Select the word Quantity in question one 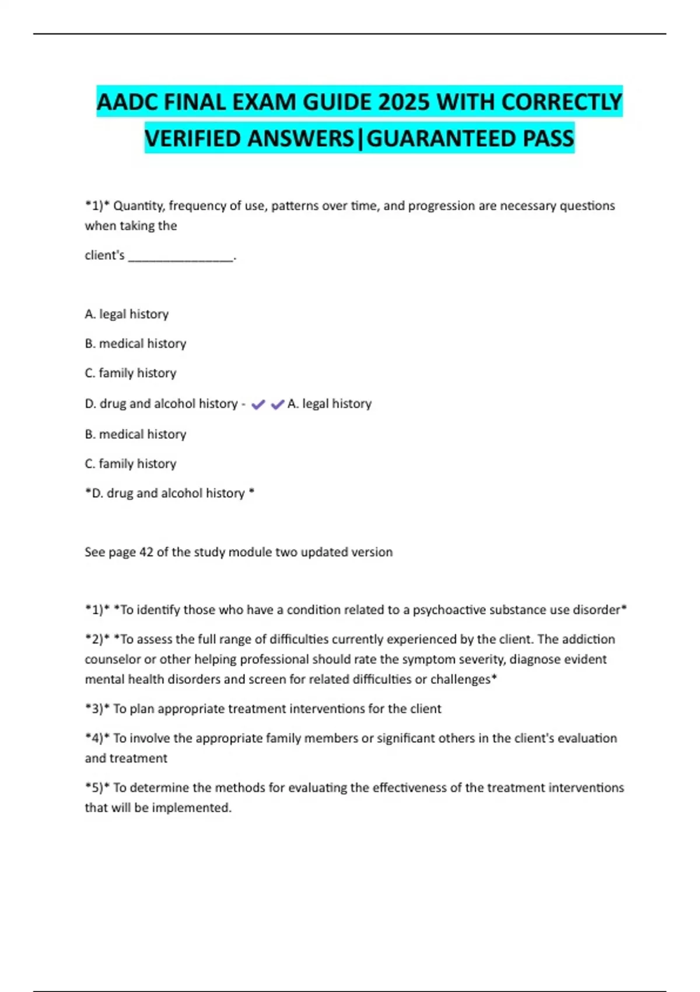pyautogui.click(x=139, y=206)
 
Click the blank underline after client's pyautogui.click(x=180, y=256)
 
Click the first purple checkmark pyautogui.click(x=258, y=404)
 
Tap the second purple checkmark pyautogui.click(x=278, y=404)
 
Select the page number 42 pyautogui.click(x=146, y=552)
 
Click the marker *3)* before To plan pyautogui.click(x=97, y=709)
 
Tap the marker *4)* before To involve pyautogui.click(x=97, y=739)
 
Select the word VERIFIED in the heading pyautogui.click(x=193, y=139)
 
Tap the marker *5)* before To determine pyautogui.click(x=97, y=788)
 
